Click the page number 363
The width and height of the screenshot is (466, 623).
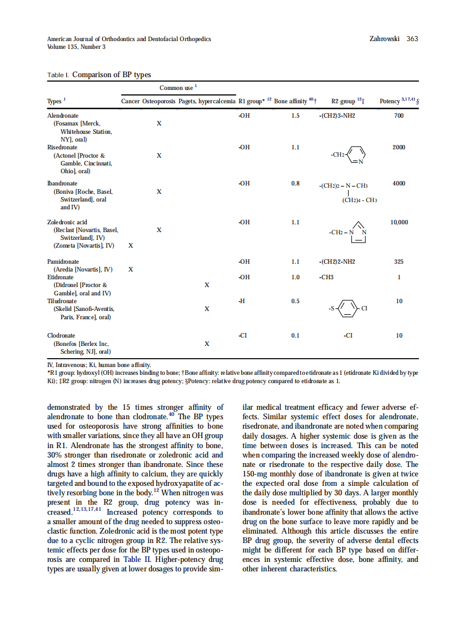pyautogui.click(x=412, y=39)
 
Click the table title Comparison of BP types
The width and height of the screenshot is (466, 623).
pyautogui.click(x=111, y=75)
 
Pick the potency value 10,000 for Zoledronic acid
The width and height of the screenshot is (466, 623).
pyautogui.click(x=399, y=222)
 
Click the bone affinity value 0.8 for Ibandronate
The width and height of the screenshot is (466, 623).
pyautogui.click(x=295, y=183)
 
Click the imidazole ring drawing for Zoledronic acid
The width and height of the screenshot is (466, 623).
pyautogui.click(x=358, y=232)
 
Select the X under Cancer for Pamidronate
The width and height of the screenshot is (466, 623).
pyautogui.click(x=131, y=269)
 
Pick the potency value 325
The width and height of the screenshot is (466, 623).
pyautogui.click(x=398, y=262)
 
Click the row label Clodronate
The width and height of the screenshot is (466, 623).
pyautogui.click(x=61, y=335)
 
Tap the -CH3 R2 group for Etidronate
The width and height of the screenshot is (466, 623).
pyautogui.click(x=326, y=277)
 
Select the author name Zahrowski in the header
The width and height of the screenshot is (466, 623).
pyautogui.click(x=384, y=39)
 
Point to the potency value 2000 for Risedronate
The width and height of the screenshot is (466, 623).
pyautogui.click(x=399, y=148)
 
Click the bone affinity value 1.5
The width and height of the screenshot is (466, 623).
pyautogui.click(x=295, y=115)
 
